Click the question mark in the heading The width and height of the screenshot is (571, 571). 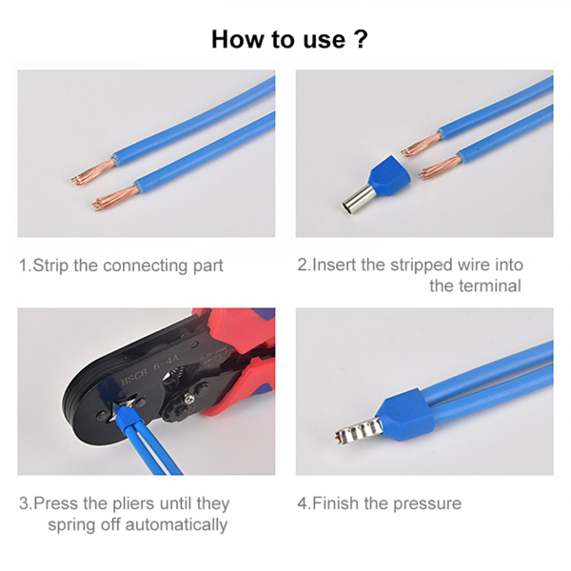(361, 39)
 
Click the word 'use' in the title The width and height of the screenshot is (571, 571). (325, 40)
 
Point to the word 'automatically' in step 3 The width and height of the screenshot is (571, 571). (176, 525)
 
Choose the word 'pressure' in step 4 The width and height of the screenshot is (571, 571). (427, 504)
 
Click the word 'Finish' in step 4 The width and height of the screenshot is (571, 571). (335, 503)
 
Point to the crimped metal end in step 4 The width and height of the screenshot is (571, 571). (359, 430)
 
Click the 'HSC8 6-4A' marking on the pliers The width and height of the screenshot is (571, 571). (150, 370)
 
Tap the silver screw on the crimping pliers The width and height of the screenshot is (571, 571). (188, 400)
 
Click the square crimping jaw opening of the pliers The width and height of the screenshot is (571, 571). (123, 406)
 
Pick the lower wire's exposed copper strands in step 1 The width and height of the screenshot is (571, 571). (115, 198)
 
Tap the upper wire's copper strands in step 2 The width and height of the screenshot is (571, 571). (422, 146)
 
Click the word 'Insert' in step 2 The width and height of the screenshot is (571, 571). (334, 266)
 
